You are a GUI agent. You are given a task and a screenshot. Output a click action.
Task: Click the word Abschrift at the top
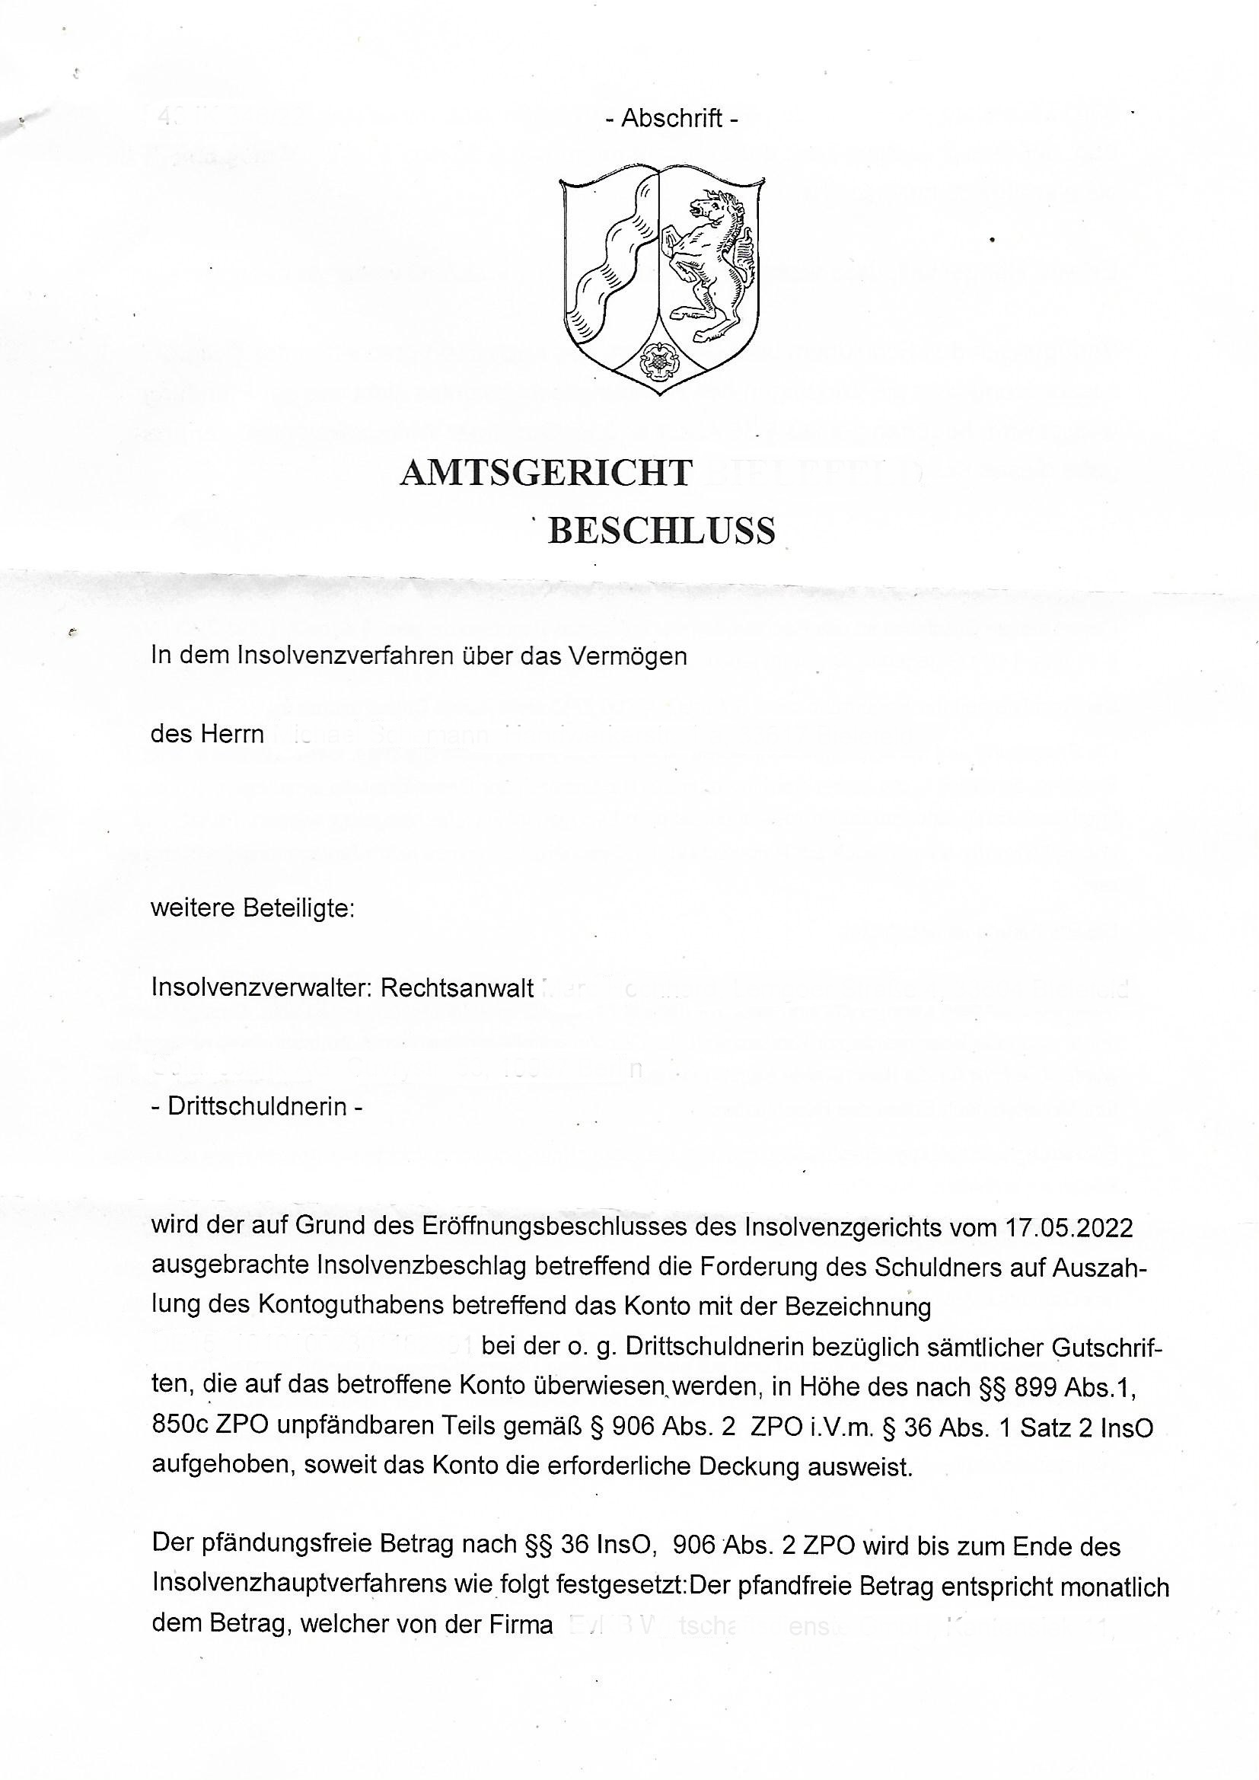point(671,118)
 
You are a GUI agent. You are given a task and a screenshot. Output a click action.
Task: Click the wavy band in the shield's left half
point(613,256)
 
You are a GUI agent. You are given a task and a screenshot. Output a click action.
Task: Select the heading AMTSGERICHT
point(546,473)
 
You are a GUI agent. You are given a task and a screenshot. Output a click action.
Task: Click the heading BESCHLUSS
point(661,532)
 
